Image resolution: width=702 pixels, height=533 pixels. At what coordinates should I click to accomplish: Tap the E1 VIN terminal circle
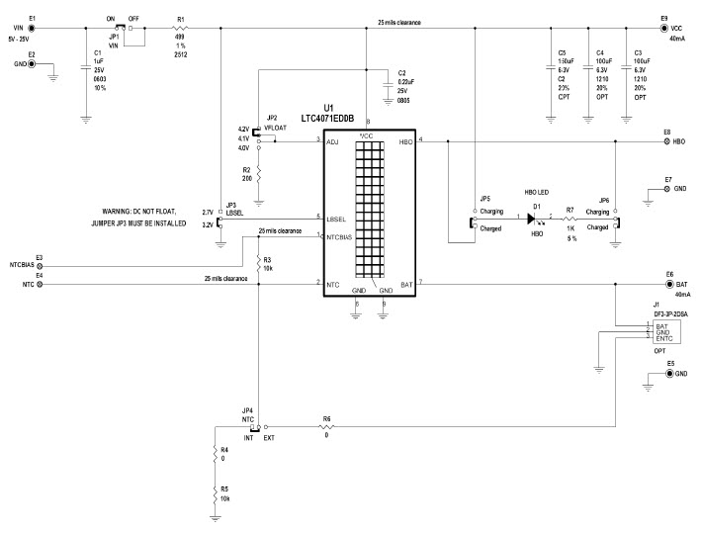pyautogui.click(x=33, y=29)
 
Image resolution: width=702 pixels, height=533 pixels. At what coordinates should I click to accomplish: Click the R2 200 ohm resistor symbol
pyautogui.click(x=258, y=173)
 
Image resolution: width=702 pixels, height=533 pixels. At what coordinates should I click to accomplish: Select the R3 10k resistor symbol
pyautogui.click(x=257, y=264)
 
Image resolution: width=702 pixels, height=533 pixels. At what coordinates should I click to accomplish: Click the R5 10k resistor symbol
pyautogui.click(x=216, y=491)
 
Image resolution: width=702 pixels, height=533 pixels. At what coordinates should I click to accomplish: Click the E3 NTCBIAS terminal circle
pyautogui.click(x=40, y=266)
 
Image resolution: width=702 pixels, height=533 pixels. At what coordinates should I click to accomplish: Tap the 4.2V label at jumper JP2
pyautogui.click(x=243, y=130)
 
